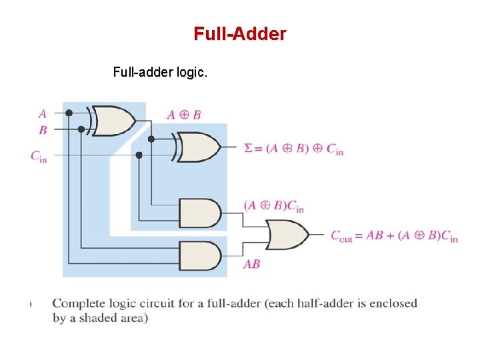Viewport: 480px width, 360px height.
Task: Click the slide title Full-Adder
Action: pos(240,34)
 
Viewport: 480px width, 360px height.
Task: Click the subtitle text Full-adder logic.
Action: pos(160,72)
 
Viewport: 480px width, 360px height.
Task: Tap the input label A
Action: pos(43,113)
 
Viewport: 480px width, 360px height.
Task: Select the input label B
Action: pos(43,129)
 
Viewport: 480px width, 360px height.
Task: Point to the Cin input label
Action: pos(39,155)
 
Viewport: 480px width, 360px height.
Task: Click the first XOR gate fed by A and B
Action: pos(113,121)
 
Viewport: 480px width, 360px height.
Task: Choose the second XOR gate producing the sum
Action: pos(199,147)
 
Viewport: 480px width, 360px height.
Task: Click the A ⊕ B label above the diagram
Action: pos(184,115)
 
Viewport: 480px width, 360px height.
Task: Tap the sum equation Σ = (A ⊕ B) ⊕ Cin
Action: pos(293,149)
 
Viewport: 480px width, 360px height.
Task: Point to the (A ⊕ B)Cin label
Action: pos(273,206)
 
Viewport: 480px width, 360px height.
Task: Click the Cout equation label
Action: pos(394,236)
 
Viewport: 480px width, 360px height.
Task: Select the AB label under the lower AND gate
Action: pos(251,264)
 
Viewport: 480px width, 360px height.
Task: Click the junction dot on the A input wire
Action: pos(69,113)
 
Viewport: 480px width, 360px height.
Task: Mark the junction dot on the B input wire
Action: pos(81,129)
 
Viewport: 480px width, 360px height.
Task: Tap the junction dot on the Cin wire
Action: pos(139,155)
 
